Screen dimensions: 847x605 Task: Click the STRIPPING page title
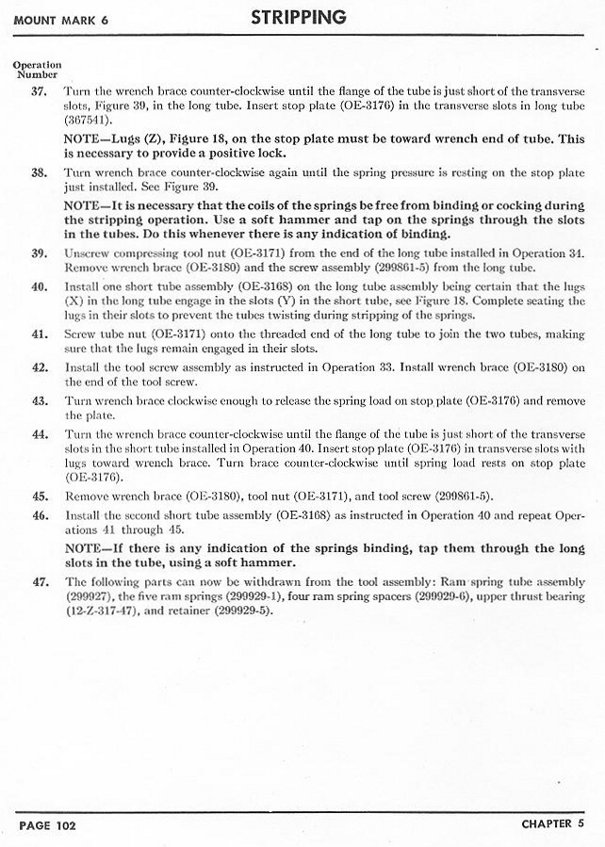tap(298, 18)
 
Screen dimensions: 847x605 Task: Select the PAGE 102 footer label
tap(47, 824)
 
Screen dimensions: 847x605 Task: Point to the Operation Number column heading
tap(37, 69)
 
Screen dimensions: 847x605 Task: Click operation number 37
tap(40, 91)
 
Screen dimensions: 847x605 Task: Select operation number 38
tap(40, 174)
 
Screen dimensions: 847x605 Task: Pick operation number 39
tap(40, 254)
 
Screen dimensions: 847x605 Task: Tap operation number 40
tap(40, 286)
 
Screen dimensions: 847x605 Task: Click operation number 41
tap(40, 334)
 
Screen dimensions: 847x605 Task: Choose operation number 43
tap(40, 400)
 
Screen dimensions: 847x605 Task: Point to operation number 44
tap(40, 433)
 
